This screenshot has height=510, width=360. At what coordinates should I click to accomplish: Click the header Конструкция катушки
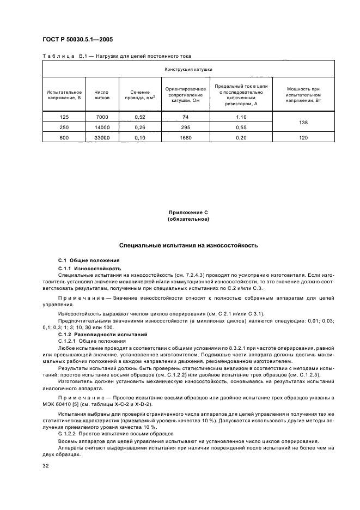188,70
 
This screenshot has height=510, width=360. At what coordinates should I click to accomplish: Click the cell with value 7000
102,117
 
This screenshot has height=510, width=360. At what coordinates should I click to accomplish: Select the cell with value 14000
102,127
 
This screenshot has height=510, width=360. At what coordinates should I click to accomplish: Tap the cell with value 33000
102,138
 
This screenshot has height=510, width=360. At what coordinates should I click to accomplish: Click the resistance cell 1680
185,138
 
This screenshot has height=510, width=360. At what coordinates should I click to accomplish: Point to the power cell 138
303,123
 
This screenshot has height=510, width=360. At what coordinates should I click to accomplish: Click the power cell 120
303,138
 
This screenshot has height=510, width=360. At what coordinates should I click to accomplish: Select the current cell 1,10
241,117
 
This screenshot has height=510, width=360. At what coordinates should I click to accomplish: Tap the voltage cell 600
64,138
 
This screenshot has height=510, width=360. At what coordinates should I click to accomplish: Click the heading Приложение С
188,212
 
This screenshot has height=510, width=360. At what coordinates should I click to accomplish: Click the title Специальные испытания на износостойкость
188,245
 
